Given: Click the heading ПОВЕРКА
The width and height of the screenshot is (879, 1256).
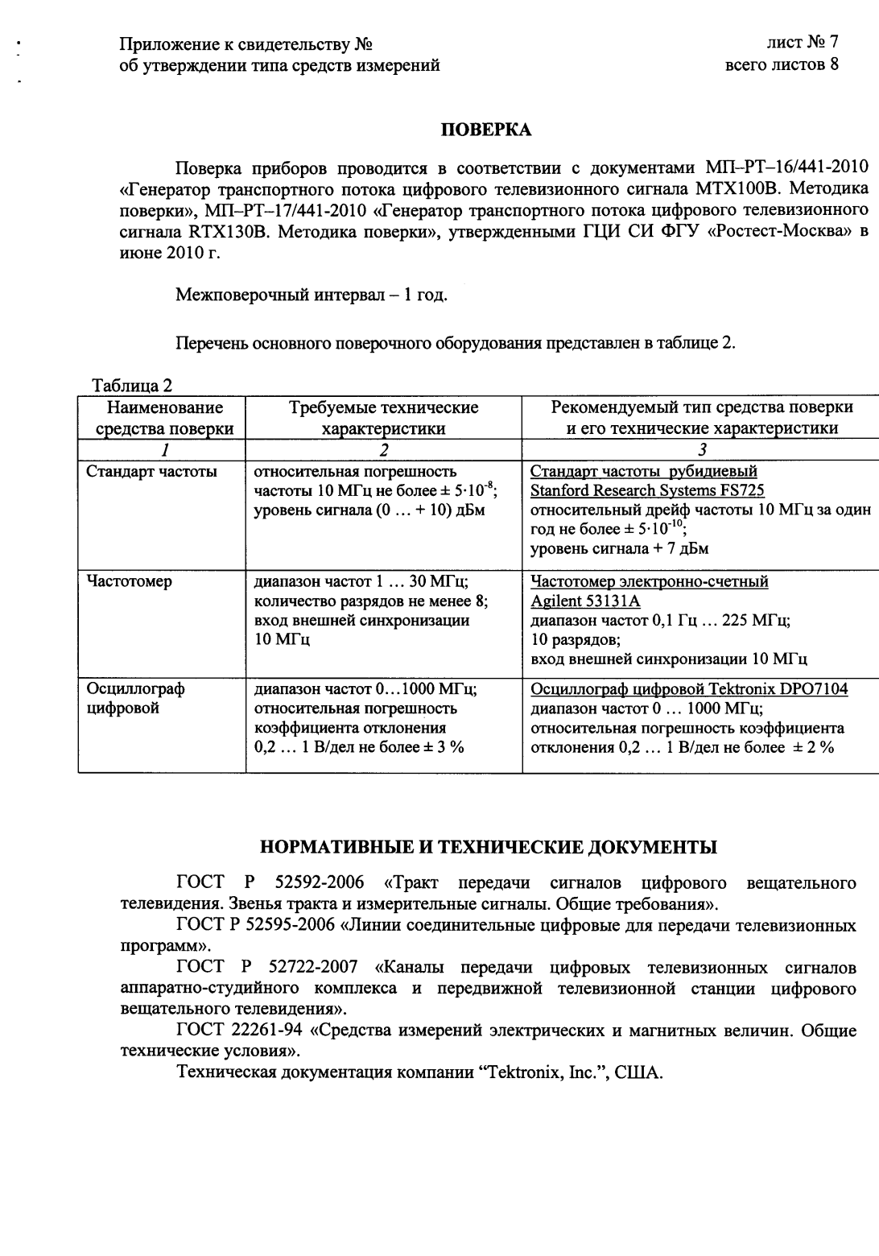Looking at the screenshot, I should click(485, 129).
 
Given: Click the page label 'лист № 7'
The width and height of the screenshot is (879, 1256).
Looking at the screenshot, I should click(803, 42).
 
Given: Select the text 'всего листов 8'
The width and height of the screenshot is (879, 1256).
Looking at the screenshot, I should click(782, 65).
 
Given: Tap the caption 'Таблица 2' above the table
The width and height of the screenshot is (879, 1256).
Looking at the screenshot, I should click(132, 386).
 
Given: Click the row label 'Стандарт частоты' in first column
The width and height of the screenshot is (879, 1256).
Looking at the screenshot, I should click(151, 472).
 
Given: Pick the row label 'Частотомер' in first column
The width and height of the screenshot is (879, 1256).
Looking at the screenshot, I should click(129, 581).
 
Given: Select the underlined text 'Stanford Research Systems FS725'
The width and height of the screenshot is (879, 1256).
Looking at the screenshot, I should click(647, 490).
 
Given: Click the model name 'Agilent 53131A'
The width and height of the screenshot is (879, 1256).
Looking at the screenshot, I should click(585, 601).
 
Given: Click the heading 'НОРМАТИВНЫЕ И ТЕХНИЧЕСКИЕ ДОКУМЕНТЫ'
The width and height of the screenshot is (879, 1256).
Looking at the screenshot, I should click(487, 847).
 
